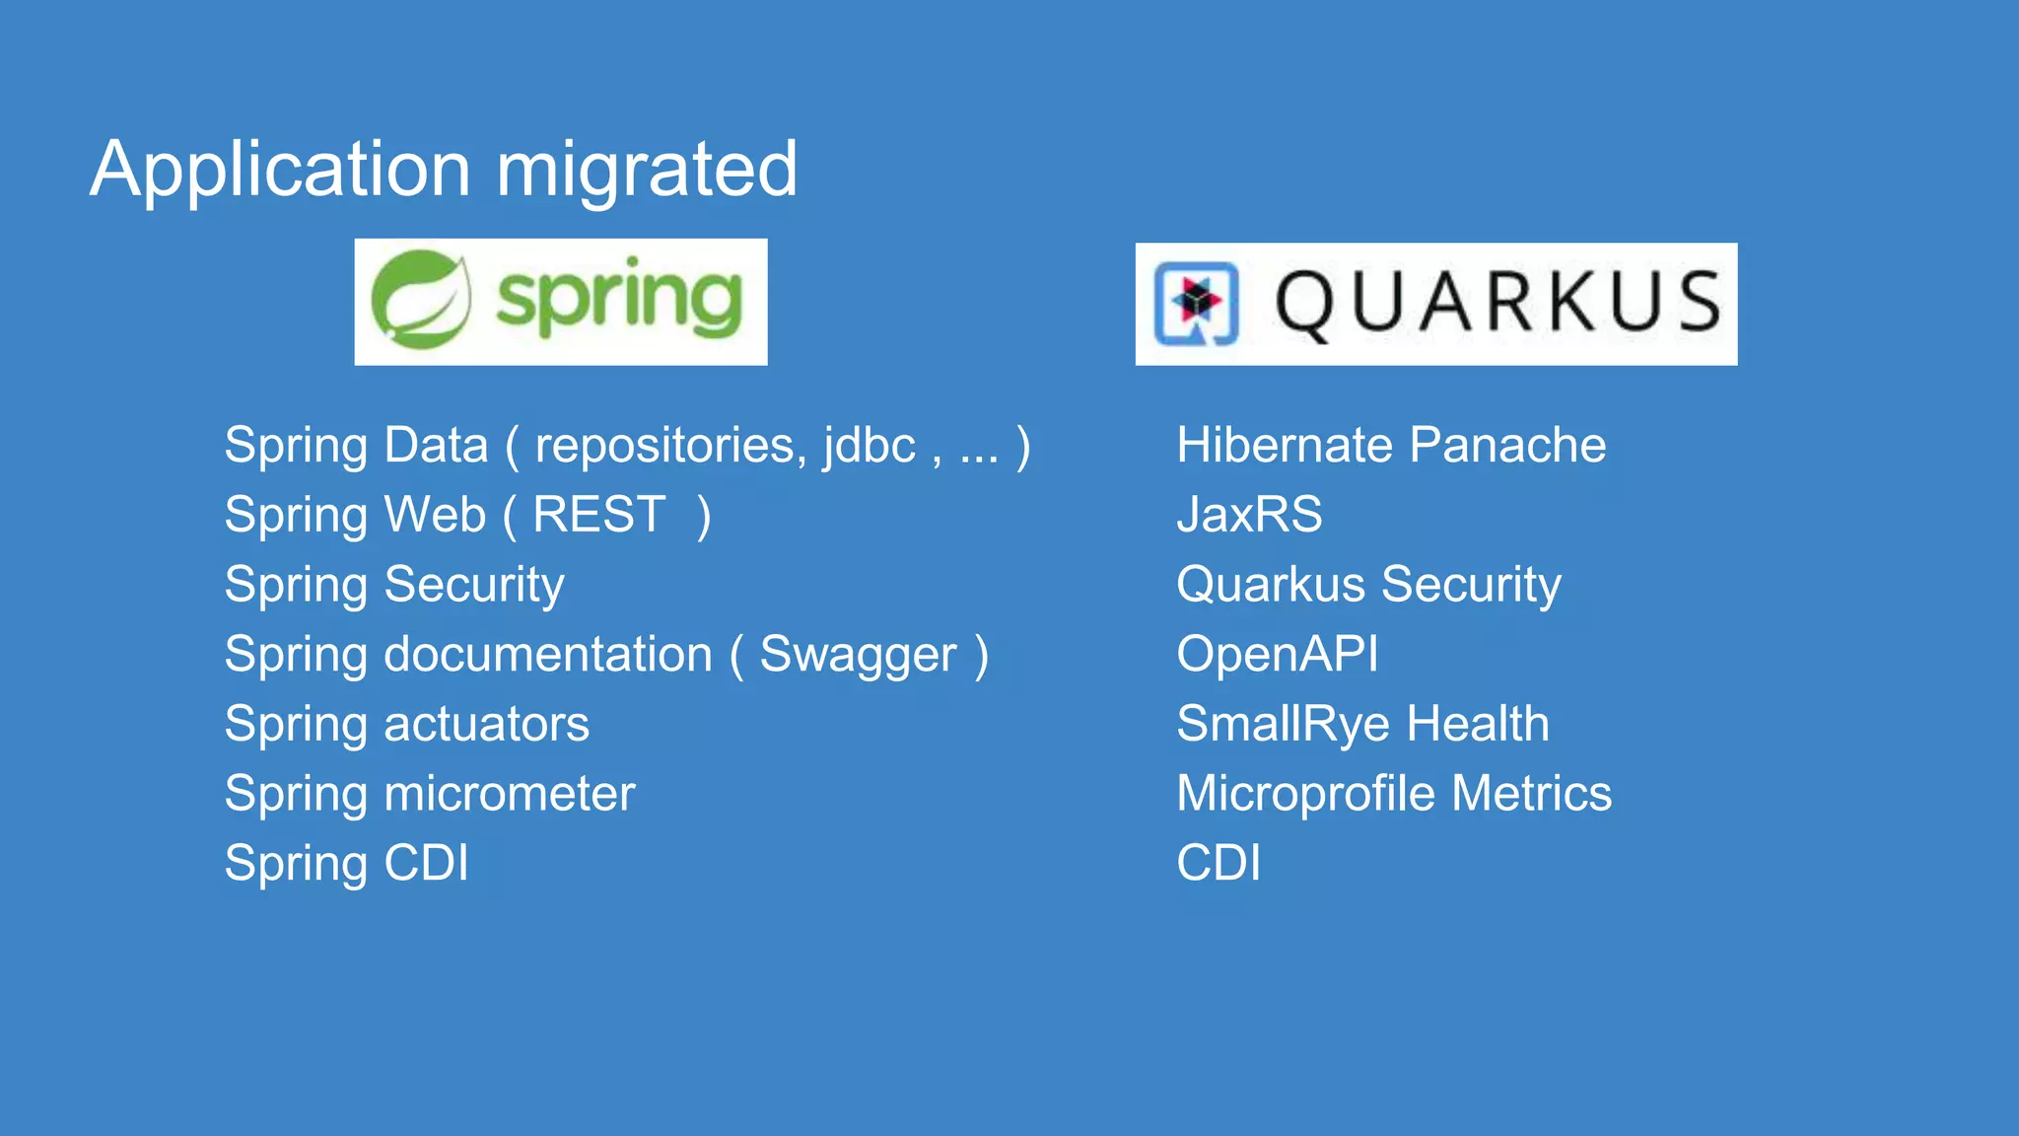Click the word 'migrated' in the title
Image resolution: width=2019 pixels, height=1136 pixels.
tap(646, 171)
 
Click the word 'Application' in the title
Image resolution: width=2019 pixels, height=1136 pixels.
tap(280, 171)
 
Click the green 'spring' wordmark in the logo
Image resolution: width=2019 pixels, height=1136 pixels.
tap(619, 299)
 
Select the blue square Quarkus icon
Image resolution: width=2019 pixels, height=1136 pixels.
tap(1196, 303)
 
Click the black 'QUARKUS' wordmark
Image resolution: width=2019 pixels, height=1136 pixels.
tap(1497, 303)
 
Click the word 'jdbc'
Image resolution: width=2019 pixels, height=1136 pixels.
tap(870, 446)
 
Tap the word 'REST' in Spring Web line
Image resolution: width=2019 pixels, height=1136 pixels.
tap(599, 516)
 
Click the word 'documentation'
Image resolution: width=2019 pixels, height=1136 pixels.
tap(547, 655)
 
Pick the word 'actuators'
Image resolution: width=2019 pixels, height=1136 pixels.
tap(486, 725)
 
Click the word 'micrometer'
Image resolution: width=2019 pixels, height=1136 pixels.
tap(509, 794)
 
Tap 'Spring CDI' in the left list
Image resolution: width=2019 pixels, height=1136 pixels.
tap(346, 864)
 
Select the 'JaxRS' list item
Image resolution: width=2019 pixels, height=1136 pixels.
tap(1249, 516)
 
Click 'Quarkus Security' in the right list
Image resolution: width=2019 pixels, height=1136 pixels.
tap(1368, 585)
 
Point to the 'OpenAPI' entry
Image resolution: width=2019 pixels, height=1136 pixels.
tap(1278, 655)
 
